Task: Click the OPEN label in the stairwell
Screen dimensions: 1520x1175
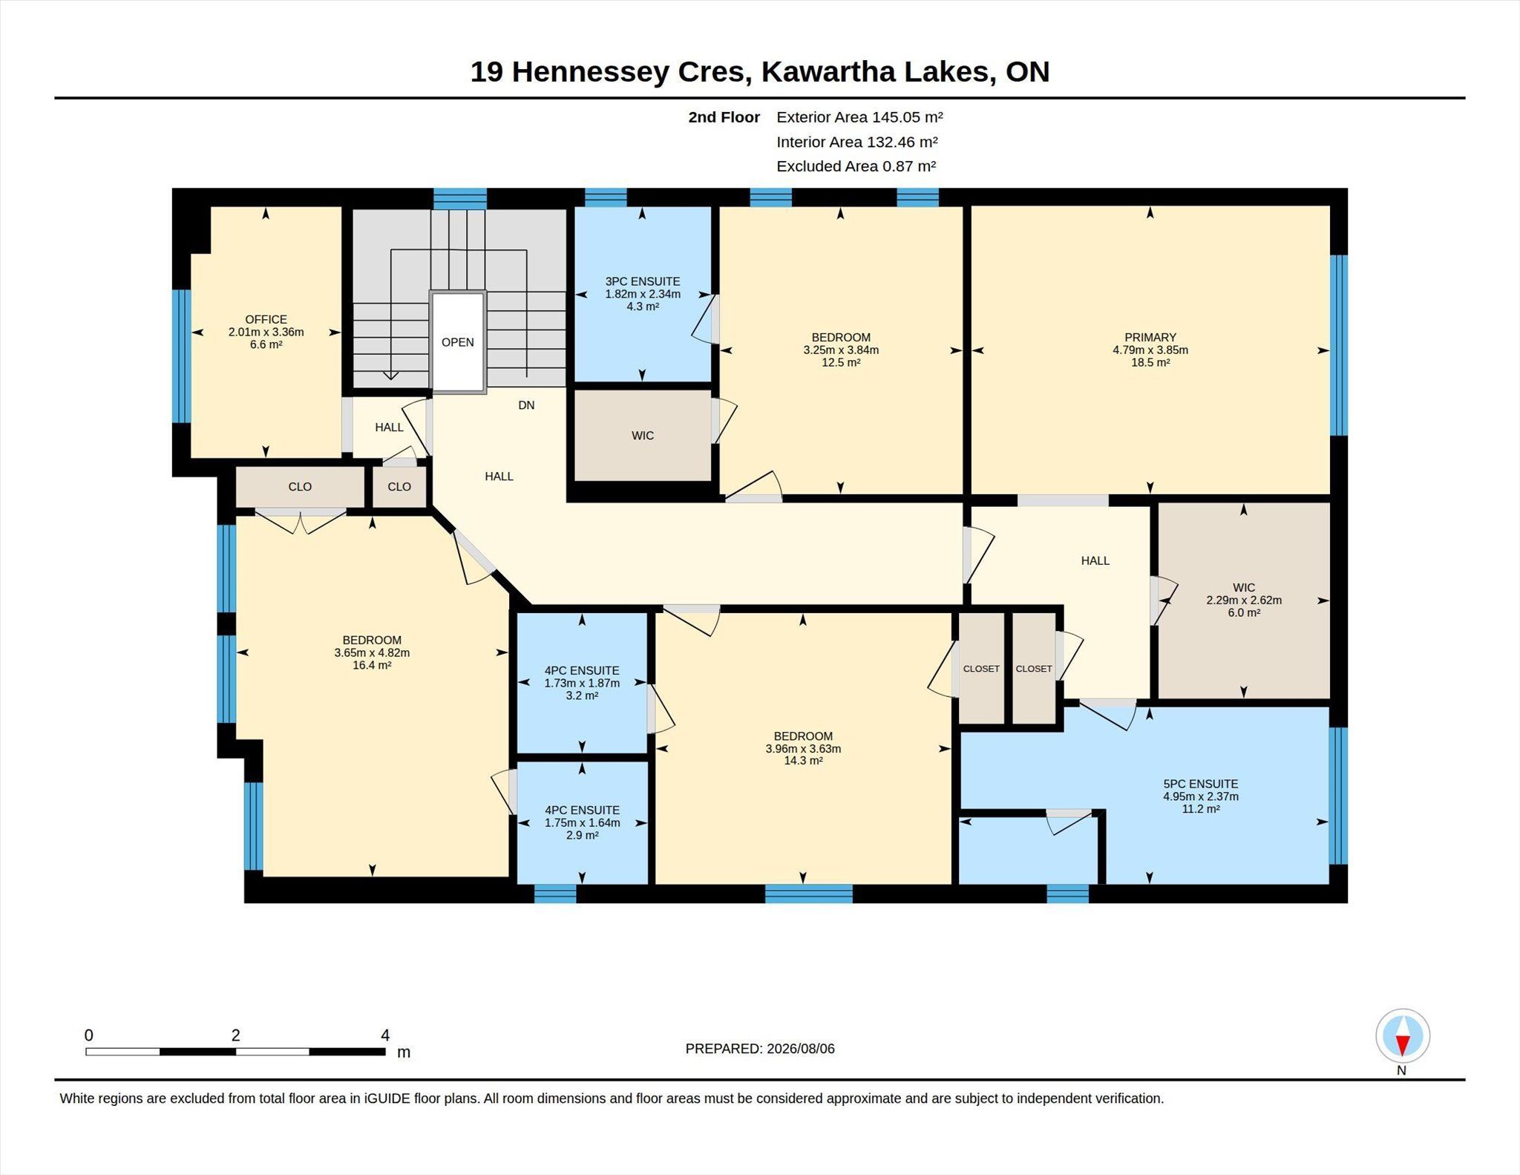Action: [x=457, y=342]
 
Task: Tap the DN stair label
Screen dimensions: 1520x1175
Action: [x=526, y=405]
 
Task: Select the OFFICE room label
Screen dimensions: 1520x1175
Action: [x=266, y=320]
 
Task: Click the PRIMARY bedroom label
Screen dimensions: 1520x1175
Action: [x=1150, y=338]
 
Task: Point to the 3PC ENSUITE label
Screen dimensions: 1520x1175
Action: [x=642, y=281]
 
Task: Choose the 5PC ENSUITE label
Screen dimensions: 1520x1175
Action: [x=1200, y=784]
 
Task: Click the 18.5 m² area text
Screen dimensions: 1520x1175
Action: [x=1150, y=363]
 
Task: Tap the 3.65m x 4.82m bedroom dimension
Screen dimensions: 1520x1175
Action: [x=372, y=653]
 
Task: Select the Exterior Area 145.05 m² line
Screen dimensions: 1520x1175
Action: [x=859, y=117]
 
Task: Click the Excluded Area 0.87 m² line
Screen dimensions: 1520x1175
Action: [x=856, y=166]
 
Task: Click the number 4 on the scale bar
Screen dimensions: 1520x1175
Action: [x=385, y=1035]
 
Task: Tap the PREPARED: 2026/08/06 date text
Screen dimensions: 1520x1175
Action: [x=760, y=1049]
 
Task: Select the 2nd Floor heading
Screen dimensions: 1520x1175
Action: [x=724, y=117]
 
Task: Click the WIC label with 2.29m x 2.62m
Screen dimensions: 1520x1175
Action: [x=1244, y=588]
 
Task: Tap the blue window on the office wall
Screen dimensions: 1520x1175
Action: [x=182, y=356]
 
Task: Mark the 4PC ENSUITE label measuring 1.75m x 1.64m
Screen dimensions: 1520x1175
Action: [x=582, y=811]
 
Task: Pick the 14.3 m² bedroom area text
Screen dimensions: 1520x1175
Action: [x=803, y=761]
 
